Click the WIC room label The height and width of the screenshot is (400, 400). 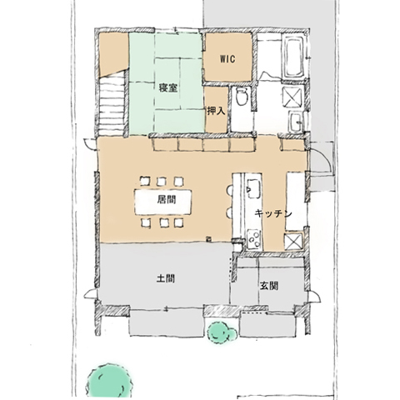tap(227, 59)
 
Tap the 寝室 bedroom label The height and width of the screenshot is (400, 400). tap(168, 88)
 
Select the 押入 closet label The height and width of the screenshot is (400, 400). tap(216, 111)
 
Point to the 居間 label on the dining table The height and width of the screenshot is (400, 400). tap(167, 200)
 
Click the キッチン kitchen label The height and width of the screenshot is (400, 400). tap(273, 213)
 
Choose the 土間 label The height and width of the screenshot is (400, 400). tap(166, 278)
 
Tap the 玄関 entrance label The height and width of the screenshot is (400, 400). tap(269, 286)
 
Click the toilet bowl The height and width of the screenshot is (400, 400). tap(241, 97)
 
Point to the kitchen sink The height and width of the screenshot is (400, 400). tap(253, 188)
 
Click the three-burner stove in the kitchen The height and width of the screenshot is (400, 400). tap(254, 239)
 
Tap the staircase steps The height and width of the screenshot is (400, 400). tap(112, 103)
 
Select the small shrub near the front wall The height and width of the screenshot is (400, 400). tap(222, 332)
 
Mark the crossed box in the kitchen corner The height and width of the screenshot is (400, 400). tap(293, 241)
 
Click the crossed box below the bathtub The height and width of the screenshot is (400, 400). tap(292, 96)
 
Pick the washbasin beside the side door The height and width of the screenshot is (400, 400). tap(296, 122)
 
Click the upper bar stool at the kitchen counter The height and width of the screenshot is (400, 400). tap(230, 191)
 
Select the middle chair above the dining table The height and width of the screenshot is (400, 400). tap(162, 182)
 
